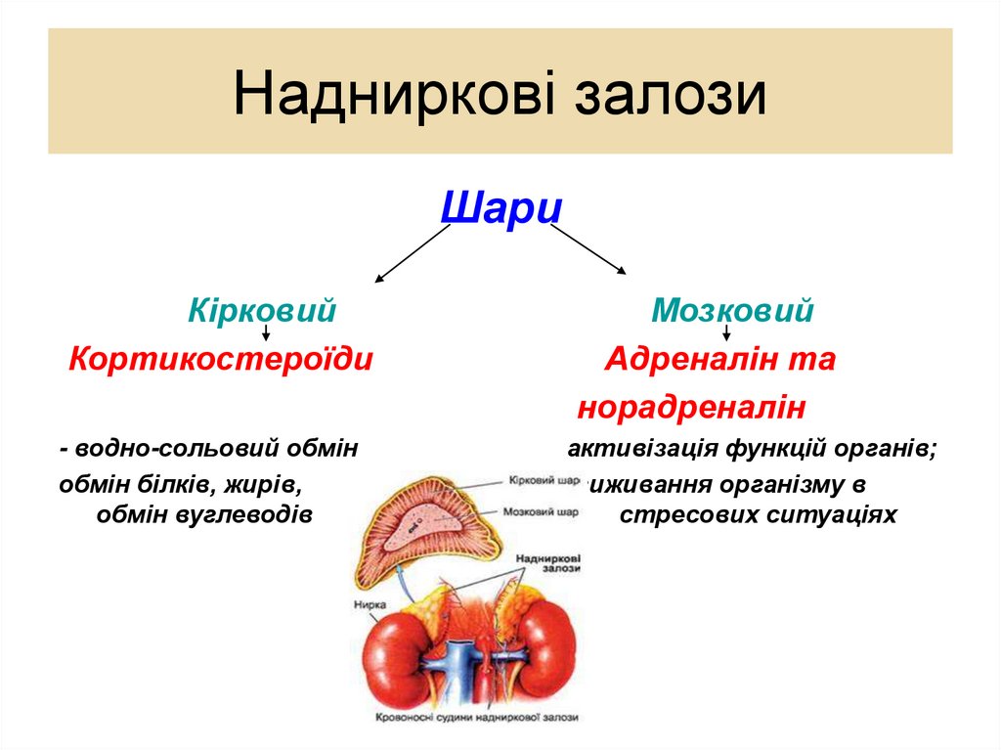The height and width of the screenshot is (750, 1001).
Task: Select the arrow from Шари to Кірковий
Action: pos(413,253)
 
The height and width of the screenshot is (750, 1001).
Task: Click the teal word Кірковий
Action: pos(262,312)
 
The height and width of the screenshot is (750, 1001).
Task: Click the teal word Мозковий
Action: pos(733,312)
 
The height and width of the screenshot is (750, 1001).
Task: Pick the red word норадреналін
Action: pos(692,408)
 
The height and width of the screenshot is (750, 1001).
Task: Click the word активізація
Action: pos(642,450)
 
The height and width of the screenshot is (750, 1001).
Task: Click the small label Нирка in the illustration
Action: pos(370,604)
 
